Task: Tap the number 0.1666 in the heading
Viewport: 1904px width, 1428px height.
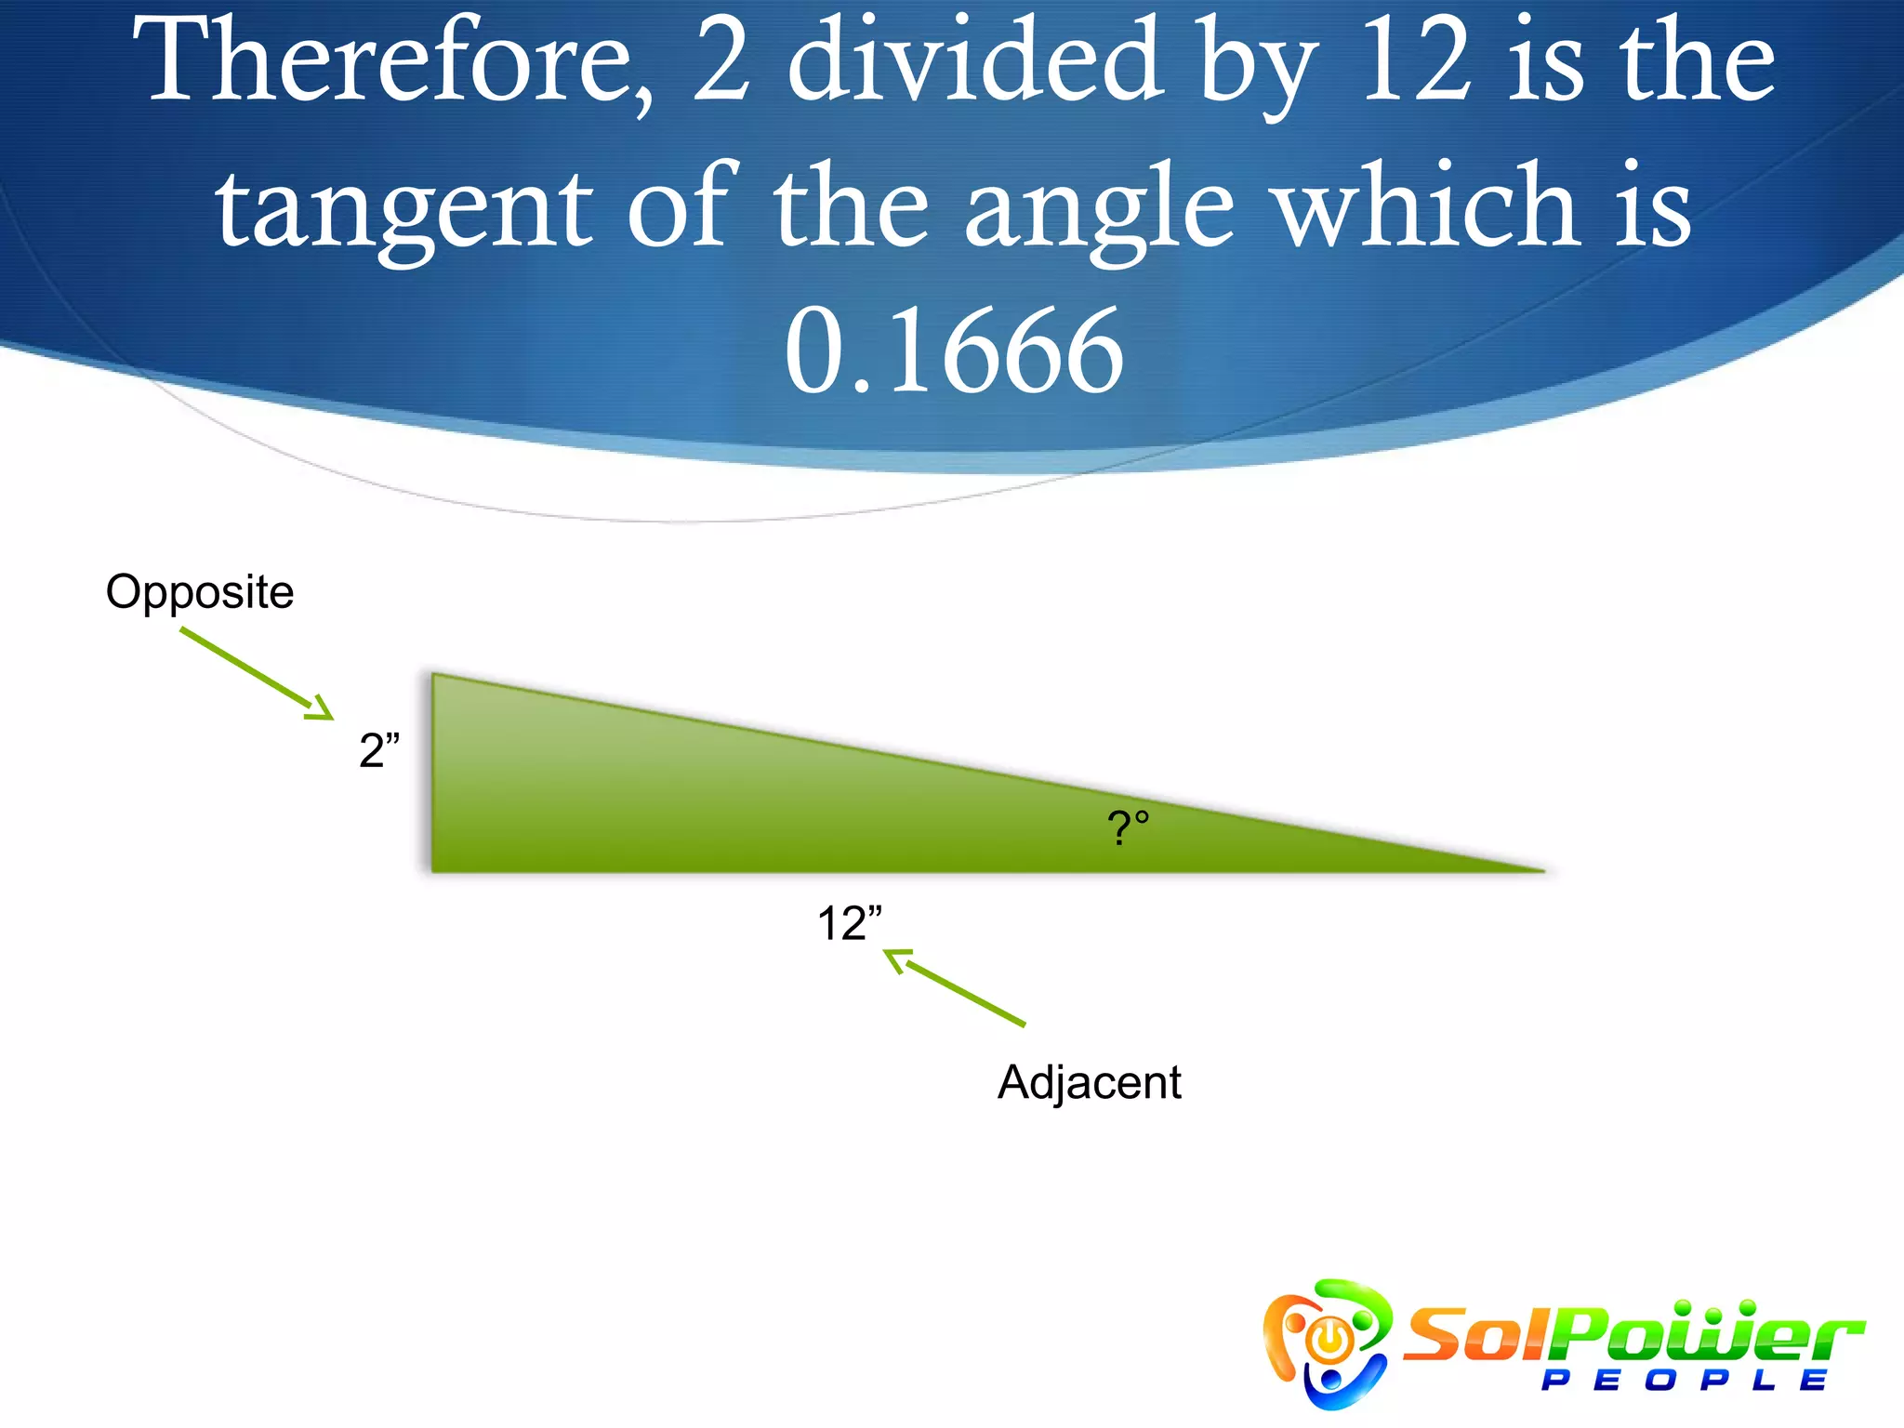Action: [954, 351]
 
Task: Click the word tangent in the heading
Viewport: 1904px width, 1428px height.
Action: [403, 210]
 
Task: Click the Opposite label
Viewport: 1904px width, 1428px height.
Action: [200, 592]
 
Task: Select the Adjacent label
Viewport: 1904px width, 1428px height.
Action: [1089, 1082]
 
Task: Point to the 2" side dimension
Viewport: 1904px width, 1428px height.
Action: [378, 749]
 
